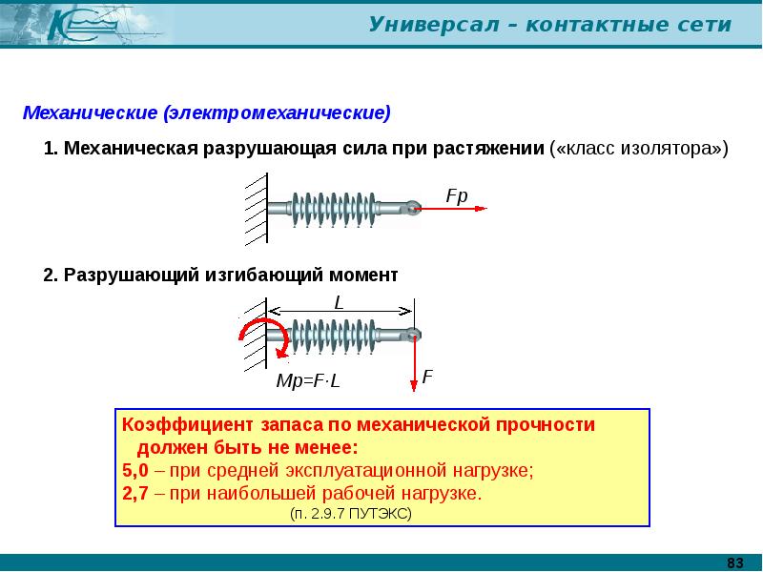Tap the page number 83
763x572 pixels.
coord(735,562)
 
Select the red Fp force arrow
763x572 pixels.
coord(453,208)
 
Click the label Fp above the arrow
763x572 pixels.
coord(457,194)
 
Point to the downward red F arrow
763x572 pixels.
coord(414,362)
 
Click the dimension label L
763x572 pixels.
coord(339,301)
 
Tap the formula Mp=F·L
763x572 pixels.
coord(308,381)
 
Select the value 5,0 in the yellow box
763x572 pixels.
coord(134,470)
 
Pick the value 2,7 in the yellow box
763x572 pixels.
coord(134,494)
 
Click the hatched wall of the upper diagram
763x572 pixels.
coord(255,208)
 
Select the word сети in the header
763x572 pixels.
coord(708,25)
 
